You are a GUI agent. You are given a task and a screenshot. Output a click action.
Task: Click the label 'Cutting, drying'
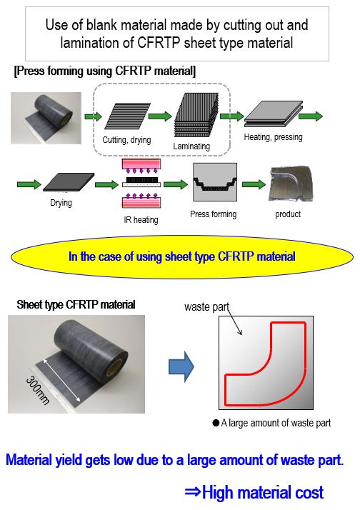(x=126, y=140)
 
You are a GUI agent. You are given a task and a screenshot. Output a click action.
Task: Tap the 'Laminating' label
(x=191, y=146)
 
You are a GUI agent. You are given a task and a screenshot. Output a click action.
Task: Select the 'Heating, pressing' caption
(x=273, y=137)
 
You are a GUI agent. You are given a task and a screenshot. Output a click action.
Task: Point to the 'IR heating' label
(x=141, y=220)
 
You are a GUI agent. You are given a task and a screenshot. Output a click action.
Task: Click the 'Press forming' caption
(x=214, y=214)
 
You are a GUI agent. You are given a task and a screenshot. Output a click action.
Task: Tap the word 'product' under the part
(x=288, y=214)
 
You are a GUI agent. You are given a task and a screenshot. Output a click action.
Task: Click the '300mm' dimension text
(x=38, y=390)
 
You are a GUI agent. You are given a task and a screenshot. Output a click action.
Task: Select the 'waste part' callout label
(x=207, y=306)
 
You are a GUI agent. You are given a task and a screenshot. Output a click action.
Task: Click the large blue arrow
(x=181, y=366)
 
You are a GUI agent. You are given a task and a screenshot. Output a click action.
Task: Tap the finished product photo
(x=290, y=184)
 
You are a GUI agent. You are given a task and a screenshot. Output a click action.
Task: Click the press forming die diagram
(x=215, y=182)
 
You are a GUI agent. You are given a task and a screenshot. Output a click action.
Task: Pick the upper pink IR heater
(x=141, y=164)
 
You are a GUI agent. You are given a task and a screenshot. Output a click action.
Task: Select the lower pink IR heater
(x=141, y=201)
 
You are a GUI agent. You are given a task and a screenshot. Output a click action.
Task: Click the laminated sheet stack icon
(x=196, y=115)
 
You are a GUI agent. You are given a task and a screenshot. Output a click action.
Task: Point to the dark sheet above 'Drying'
(x=69, y=182)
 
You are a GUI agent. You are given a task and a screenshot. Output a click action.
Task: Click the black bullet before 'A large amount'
(x=216, y=423)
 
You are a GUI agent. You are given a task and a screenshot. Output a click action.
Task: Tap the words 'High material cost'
(x=263, y=492)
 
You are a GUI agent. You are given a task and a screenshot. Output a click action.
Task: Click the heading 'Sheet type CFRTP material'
(x=76, y=305)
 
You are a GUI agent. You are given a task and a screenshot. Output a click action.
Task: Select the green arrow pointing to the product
(x=254, y=184)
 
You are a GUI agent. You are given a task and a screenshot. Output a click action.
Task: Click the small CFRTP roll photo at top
(x=46, y=118)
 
